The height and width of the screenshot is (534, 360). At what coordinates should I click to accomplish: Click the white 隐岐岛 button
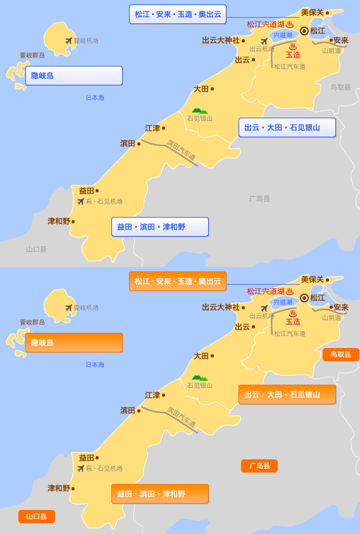pyautogui.click(x=73, y=75)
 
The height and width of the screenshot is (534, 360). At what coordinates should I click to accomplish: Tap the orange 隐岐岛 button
pyautogui.click(x=73, y=342)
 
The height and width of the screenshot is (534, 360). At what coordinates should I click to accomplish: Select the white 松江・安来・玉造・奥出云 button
pyautogui.click(x=177, y=14)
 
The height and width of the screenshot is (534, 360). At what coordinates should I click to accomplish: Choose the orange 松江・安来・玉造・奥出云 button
pyautogui.click(x=177, y=281)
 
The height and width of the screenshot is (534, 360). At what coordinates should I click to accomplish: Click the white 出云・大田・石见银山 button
pyautogui.click(x=287, y=127)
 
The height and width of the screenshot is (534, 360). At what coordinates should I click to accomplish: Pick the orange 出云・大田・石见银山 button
pyautogui.click(x=287, y=394)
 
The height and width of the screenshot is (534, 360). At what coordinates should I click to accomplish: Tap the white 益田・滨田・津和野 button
pyautogui.click(x=159, y=227)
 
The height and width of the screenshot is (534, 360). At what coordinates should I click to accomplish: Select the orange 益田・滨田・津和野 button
pyautogui.click(x=159, y=494)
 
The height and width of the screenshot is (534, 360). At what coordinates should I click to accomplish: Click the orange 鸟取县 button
pyautogui.click(x=340, y=354)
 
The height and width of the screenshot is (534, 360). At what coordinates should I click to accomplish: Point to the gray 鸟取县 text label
pyautogui.click(x=340, y=87)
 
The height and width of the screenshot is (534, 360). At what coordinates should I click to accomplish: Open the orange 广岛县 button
pyautogui.click(x=259, y=466)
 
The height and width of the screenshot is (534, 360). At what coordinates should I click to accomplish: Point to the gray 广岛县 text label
pyautogui.click(x=259, y=199)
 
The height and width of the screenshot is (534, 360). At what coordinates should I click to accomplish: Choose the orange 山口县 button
pyautogui.click(x=36, y=516)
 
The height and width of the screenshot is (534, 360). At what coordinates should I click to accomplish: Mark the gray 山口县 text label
pyautogui.click(x=36, y=249)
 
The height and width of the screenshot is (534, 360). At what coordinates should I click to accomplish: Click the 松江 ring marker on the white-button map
pyautogui.click(x=304, y=30)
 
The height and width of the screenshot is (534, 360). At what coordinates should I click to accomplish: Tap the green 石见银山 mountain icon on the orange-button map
pyautogui.click(x=199, y=378)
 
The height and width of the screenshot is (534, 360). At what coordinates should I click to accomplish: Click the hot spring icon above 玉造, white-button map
pyautogui.click(x=292, y=47)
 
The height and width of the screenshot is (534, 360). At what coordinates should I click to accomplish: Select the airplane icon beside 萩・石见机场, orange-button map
pyautogui.click(x=80, y=468)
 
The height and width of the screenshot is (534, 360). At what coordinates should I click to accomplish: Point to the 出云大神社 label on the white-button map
pyautogui.click(x=221, y=40)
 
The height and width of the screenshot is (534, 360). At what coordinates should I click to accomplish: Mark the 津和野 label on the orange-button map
pyautogui.click(x=58, y=488)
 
